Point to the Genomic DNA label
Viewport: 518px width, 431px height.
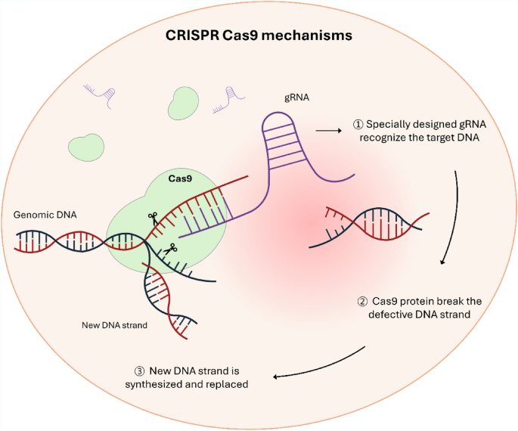(x=45, y=215)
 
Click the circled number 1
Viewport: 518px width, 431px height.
(x=358, y=125)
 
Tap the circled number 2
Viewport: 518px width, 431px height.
(x=362, y=301)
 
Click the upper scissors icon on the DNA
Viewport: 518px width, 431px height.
(x=152, y=218)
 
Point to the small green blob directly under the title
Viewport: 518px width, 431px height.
(x=181, y=102)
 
